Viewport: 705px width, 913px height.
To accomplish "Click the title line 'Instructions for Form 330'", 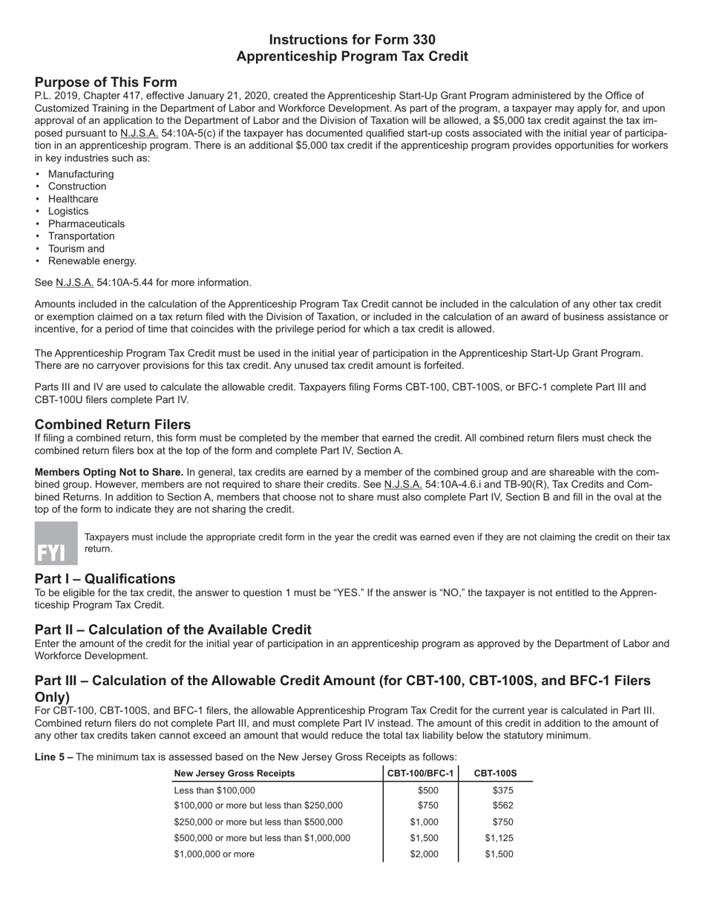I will [x=352, y=40].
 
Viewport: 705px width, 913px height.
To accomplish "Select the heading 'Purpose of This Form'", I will [x=105, y=82].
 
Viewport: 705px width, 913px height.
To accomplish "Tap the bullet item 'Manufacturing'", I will [x=81, y=174].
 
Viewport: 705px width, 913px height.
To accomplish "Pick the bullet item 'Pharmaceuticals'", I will [x=86, y=223].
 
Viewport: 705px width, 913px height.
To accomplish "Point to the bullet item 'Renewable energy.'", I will [x=92, y=261].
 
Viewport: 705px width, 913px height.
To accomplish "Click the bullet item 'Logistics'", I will [x=68, y=212].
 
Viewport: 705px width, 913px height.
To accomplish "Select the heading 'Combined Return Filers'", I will [x=113, y=425].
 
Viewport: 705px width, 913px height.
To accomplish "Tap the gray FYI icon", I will [x=56, y=543].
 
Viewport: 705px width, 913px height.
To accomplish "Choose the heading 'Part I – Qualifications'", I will [x=105, y=579].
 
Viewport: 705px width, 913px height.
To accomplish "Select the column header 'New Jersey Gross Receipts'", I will [x=234, y=773].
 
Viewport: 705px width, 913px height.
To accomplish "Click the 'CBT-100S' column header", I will [x=495, y=773].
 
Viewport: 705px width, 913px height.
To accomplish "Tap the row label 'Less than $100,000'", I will [x=214, y=791].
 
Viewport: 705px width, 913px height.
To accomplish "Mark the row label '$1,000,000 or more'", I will [x=214, y=854].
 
